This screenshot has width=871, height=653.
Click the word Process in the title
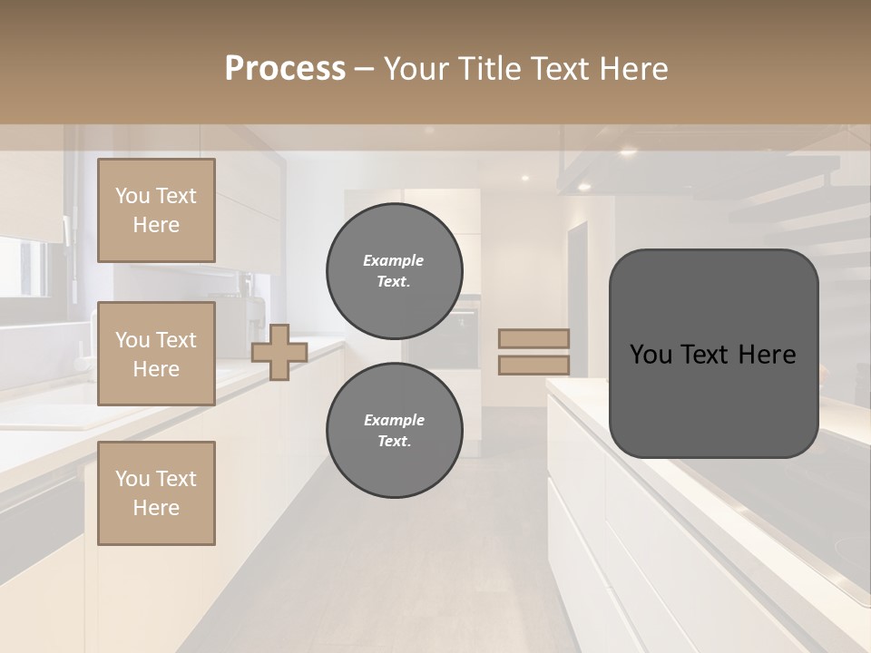[x=285, y=68]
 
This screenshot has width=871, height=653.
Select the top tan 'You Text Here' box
[x=156, y=210]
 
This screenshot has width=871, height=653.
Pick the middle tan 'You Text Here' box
[x=156, y=354]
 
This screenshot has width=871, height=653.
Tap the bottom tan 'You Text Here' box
[x=156, y=492]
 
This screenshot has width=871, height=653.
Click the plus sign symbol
[x=279, y=353]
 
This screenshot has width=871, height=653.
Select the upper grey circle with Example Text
[x=394, y=271]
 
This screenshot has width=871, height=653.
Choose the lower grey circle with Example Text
[x=394, y=431]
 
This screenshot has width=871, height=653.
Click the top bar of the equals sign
[x=534, y=339]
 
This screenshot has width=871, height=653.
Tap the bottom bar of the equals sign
[x=534, y=365]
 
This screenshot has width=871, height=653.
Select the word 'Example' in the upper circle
[x=394, y=261]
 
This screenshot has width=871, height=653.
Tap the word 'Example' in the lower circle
[x=394, y=421]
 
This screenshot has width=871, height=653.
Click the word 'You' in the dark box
[x=651, y=355]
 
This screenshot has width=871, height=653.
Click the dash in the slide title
[x=364, y=69]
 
